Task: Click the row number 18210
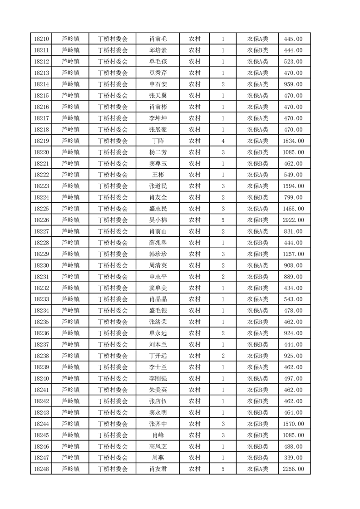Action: pos(41,39)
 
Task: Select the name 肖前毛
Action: pos(158,39)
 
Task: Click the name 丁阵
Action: pos(158,141)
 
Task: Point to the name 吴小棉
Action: pos(158,220)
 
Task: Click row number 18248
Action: pos(41,469)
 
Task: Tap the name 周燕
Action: pos(158,458)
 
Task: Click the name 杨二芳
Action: pos(158,152)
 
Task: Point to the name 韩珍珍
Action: pos(158,254)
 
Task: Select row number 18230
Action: pos(41,265)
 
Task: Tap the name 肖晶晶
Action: pos(158,299)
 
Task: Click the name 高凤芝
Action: pos(158,446)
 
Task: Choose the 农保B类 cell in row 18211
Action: pos(257,50)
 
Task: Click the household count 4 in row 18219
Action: pos(223,141)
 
